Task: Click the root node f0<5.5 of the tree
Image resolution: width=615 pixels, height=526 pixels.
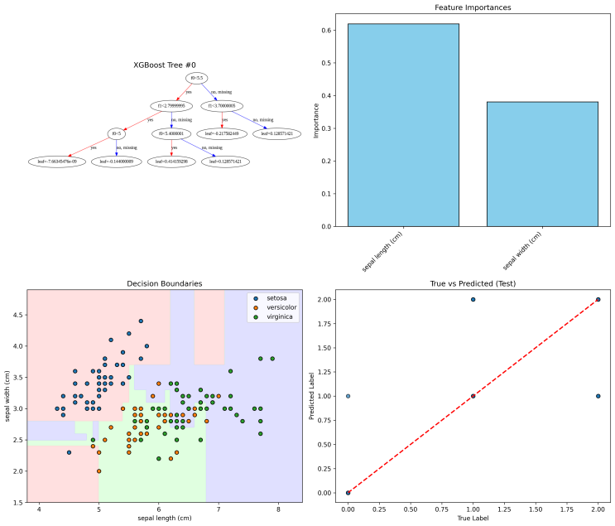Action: (174, 79)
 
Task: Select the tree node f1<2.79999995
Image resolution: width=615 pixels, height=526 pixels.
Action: (171, 106)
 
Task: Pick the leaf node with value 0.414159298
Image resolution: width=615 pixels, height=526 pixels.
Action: (171, 162)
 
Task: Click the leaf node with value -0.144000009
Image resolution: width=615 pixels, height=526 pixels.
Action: (117, 162)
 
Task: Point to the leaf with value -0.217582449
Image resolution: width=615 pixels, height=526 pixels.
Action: (221, 133)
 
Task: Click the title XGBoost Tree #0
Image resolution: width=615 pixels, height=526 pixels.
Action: (165, 65)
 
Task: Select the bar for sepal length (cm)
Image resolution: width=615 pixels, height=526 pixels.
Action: (403, 125)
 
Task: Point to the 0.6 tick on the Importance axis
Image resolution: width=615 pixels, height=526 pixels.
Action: (329, 31)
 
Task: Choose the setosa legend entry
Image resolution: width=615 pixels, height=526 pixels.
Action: (277, 297)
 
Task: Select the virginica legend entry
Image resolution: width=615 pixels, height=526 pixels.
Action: (280, 317)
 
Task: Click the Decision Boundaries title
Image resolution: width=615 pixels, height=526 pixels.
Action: (164, 283)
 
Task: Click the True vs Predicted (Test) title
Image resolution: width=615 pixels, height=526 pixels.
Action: (473, 283)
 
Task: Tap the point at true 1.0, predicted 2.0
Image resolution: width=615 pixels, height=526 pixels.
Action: (473, 299)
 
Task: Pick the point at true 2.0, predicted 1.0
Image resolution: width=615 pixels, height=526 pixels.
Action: (598, 396)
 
